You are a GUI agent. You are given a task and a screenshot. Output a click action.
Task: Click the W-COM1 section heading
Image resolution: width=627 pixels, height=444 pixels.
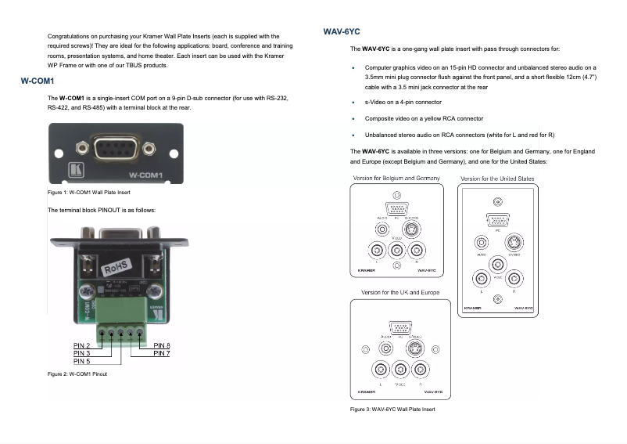pyautogui.click(x=37, y=81)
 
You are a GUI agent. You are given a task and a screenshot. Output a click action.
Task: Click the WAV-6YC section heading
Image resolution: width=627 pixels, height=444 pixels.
pyautogui.click(x=341, y=31)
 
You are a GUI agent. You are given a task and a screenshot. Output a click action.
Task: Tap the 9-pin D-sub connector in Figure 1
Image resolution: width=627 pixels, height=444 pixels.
pyautogui.click(x=118, y=146)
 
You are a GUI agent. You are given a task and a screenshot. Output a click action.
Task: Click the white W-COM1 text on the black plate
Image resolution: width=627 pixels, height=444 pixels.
pyautogui.click(x=145, y=175)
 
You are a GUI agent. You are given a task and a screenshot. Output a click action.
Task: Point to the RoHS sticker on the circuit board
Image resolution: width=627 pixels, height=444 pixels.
pyautogui.click(x=117, y=268)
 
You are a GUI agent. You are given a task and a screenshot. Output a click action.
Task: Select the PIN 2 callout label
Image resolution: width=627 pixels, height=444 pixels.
pyautogui.click(x=82, y=345)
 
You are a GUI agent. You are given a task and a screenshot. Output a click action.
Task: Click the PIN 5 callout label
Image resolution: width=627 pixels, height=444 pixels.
pyautogui.click(x=82, y=361)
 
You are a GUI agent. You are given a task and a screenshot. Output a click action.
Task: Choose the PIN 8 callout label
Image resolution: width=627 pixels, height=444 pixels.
pyautogui.click(x=162, y=345)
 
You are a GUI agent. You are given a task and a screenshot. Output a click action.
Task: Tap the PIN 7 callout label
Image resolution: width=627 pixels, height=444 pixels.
pyautogui.click(x=162, y=353)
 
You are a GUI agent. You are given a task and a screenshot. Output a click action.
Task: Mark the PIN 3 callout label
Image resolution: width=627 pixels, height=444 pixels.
pyautogui.click(x=82, y=353)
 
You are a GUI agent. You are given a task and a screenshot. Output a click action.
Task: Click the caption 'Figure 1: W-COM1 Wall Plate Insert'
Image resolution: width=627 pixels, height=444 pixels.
pyautogui.click(x=88, y=193)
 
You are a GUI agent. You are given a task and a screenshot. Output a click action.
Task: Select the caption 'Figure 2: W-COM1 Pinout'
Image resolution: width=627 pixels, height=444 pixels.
pyautogui.click(x=77, y=374)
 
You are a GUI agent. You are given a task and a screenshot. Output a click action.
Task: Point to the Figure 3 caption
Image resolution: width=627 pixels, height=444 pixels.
pyautogui.click(x=392, y=410)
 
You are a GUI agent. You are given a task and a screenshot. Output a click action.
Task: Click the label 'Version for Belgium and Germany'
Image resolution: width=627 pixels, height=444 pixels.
pyautogui.click(x=396, y=179)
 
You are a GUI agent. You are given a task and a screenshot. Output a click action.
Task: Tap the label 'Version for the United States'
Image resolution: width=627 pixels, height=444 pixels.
pyautogui.click(x=497, y=179)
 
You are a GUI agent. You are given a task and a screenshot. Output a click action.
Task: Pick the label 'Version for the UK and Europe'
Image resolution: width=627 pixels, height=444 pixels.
pyautogui.click(x=400, y=292)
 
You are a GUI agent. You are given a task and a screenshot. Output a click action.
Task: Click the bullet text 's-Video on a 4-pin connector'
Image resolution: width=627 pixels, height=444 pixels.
pyautogui.click(x=403, y=102)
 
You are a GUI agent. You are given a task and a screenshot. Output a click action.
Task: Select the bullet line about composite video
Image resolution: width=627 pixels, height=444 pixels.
pyautogui.click(x=424, y=118)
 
